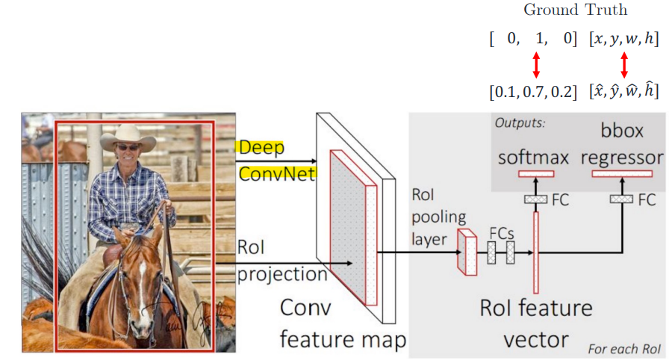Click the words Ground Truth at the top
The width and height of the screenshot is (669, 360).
pos(575,10)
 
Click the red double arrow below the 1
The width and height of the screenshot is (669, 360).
pos(535,65)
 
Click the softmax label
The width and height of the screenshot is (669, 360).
pos(533,157)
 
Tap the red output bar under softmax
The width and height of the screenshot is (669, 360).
pos(535,174)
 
